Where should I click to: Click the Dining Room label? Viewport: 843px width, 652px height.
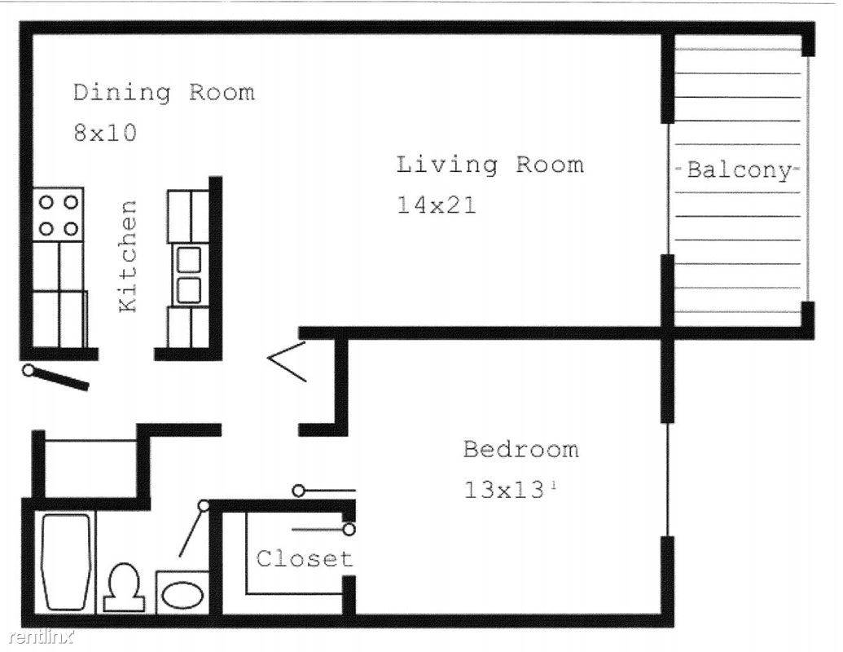164,93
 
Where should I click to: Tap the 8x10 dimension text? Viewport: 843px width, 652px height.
105,132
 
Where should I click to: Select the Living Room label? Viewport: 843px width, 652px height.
490,165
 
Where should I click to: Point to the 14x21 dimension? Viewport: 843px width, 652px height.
436,205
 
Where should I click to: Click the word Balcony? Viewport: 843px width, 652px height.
739,170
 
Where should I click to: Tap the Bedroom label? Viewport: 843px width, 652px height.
521,449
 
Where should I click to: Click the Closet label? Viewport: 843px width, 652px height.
305,558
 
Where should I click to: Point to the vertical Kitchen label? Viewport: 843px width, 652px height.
127,256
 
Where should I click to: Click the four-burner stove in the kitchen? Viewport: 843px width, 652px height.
58,214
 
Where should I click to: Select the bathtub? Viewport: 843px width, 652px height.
66,562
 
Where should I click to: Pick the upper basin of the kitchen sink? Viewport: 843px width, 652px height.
189,259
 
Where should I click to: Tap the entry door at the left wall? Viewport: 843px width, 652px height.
55,377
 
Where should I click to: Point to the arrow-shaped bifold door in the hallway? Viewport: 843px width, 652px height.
287,360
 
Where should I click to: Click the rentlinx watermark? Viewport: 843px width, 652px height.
41,638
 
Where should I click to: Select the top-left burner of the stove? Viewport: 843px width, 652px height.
46,202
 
